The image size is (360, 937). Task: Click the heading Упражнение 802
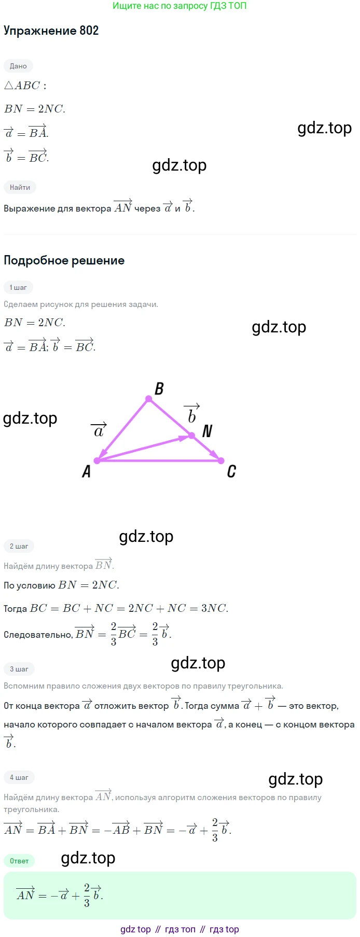(x=51, y=31)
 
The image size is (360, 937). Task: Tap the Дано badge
(x=18, y=66)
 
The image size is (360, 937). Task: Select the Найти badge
(x=20, y=187)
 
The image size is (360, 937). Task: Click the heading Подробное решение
(x=64, y=260)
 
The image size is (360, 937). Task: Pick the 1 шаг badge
(x=18, y=287)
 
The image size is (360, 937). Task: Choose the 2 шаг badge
(x=19, y=546)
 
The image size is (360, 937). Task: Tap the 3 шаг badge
(x=19, y=669)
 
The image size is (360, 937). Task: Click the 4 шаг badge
(x=19, y=777)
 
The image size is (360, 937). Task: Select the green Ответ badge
(x=19, y=861)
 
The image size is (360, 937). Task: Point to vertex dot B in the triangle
(x=149, y=399)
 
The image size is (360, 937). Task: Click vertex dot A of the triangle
(x=97, y=460)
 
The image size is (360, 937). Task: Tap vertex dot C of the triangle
(x=221, y=460)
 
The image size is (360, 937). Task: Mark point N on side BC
(x=191, y=436)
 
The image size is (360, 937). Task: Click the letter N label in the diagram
(x=207, y=431)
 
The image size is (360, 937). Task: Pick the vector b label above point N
(x=192, y=414)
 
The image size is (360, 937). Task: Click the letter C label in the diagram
(x=231, y=471)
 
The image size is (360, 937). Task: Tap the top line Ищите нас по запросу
(x=179, y=6)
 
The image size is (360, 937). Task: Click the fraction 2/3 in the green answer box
(x=87, y=896)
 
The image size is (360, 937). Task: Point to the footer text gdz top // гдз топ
(x=179, y=929)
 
